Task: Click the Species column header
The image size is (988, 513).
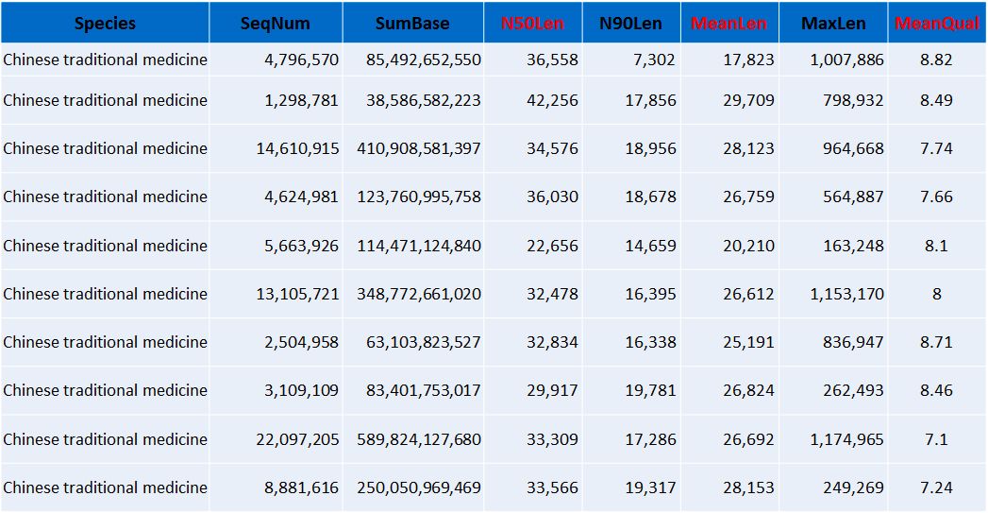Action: click(x=105, y=23)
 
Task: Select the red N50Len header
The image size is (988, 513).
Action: click(x=533, y=23)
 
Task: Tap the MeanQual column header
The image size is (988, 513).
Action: click(x=936, y=23)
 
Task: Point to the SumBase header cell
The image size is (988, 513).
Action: click(x=412, y=23)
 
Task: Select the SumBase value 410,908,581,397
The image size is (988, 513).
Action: click(x=419, y=148)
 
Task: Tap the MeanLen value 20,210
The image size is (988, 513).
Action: click(x=748, y=246)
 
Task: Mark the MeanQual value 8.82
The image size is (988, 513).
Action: click(x=936, y=60)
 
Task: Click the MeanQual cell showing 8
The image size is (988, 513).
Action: click(x=936, y=294)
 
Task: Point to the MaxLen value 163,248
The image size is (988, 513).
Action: click(x=853, y=246)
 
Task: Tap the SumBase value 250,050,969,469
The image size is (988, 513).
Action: click(x=419, y=487)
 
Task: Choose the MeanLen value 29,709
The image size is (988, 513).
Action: click(x=748, y=100)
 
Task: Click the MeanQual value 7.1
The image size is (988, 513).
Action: click(x=936, y=439)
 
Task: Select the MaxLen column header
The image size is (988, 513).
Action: click(x=832, y=23)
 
